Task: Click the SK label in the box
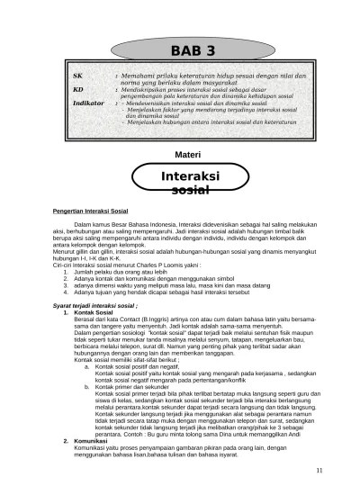pyautogui.click(x=78, y=78)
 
